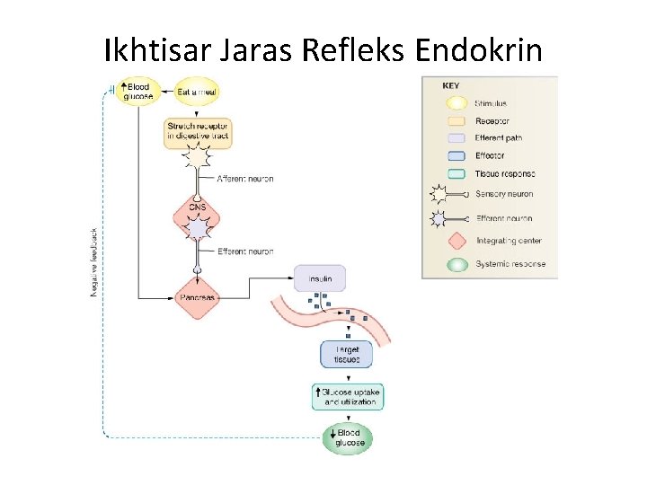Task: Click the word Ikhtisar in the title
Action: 156,51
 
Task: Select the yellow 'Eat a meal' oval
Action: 195,92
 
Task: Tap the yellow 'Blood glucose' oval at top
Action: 138,92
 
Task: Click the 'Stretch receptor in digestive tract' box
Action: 197,131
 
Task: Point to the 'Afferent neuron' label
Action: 244,179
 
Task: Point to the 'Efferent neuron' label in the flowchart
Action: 244,251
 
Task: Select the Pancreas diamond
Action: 197,296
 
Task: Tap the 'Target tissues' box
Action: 346,355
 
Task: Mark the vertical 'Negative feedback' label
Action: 94,260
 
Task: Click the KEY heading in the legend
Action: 451,86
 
